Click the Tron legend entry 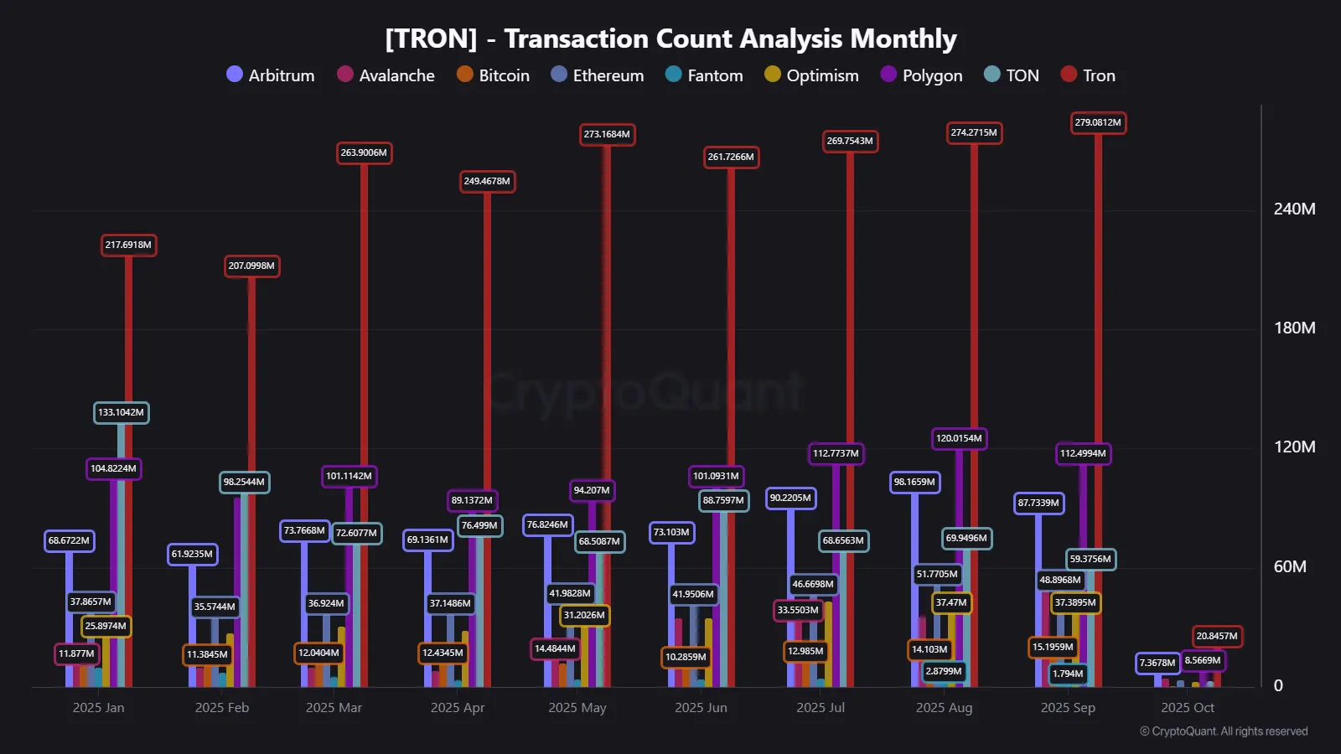click(1088, 75)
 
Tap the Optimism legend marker click(773, 75)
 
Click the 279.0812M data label click(1098, 123)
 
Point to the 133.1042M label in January click(121, 412)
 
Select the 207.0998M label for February click(251, 266)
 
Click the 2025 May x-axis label click(577, 708)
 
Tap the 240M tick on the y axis click(1294, 209)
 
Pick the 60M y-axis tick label click(1290, 567)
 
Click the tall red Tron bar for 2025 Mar click(364, 419)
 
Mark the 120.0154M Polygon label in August click(959, 438)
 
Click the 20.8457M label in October click(1217, 637)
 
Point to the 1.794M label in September click(1068, 674)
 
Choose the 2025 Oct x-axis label click(1187, 708)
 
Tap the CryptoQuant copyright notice click(1224, 731)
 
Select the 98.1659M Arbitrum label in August click(914, 483)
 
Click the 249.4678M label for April click(487, 182)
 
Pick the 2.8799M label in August click(944, 671)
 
